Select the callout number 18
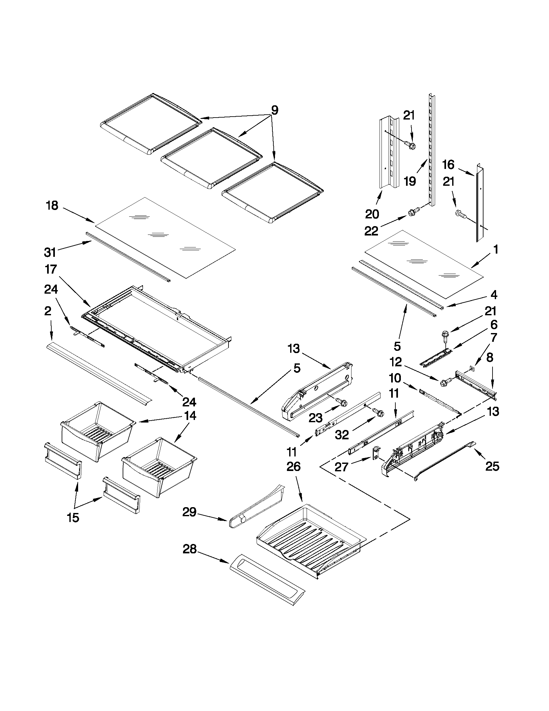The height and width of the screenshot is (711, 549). tap(52, 205)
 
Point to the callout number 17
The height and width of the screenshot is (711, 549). tap(51, 269)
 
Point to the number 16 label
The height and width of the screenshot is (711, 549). tap(448, 165)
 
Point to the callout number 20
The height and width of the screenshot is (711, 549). tap(372, 214)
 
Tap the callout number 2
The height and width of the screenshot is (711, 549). tap(47, 311)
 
